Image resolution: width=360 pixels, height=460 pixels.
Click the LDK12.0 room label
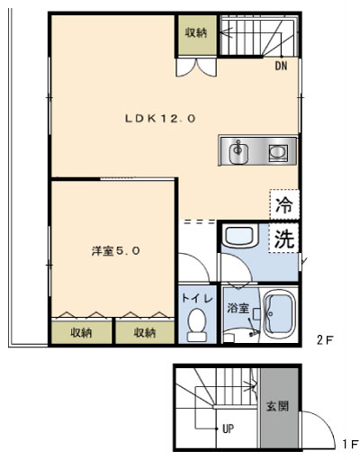click(160, 119)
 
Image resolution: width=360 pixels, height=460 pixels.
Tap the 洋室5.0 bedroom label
click(116, 251)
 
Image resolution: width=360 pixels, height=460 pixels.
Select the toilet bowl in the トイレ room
click(197, 325)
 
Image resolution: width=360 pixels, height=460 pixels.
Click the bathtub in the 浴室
click(279, 314)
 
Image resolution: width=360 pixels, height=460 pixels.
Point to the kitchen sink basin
click(238, 152)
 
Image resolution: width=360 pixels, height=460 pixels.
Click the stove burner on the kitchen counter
click(278, 153)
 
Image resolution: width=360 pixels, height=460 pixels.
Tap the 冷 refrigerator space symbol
click(284, 205)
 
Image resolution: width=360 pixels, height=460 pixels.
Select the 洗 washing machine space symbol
click(283, 238)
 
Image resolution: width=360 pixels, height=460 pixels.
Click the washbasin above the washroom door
click(239, 237)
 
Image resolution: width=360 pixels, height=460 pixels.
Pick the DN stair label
click(281, 66)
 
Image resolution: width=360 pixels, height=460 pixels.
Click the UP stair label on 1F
click(229, 428)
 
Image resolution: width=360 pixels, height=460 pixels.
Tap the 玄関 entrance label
click(277, 406)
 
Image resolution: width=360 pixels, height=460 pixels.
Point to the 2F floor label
click(325, 340)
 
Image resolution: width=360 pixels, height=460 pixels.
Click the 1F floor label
click(350, 444)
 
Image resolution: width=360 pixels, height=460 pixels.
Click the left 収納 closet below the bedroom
click(82, 332)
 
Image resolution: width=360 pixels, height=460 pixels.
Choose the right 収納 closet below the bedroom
click(145, 332)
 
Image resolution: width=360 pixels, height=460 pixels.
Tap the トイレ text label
click(197, 299)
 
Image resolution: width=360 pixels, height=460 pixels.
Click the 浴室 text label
click(238, 308)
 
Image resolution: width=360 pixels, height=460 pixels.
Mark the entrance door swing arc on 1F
click(325, 420)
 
